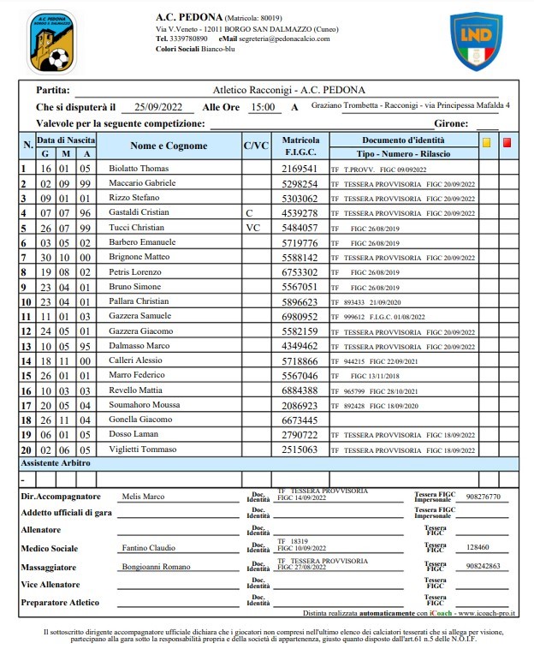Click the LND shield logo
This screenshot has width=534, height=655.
[x=477, y=41]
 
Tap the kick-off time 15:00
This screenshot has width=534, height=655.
[x=262, y=107]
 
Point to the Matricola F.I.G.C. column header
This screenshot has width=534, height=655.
[x=300, y=146]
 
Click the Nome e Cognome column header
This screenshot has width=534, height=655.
[x=169, y=146]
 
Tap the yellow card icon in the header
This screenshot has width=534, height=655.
[x=487, y=143]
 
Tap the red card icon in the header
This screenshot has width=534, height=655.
[x=507, y=143]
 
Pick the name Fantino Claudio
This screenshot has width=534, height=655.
[x=149, y=548]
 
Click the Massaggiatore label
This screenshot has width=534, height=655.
[x=52, y=566]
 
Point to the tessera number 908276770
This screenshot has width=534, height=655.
[x=484, y=496]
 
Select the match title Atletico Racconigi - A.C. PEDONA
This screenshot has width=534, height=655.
[x=288, y=89]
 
